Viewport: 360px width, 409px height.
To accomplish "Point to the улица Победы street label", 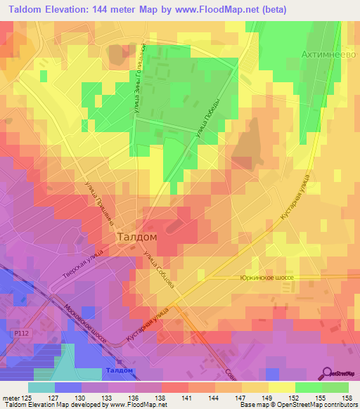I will pyautogui.click(x=213, y=117).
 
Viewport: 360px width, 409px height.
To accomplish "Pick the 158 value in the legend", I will pyautogui.click(x=346, y=398).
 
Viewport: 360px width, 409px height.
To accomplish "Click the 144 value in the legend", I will pyautogui.click(x=212, y=398).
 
